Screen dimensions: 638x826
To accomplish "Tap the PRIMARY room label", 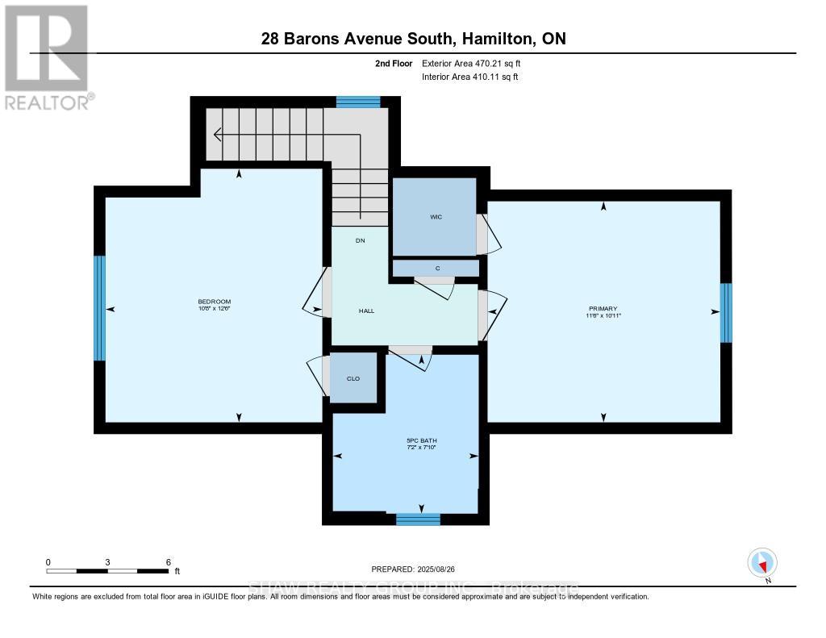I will tap(603, 309).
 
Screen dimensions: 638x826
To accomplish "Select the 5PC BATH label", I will tap(421, 440).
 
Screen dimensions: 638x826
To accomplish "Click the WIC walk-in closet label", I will tap(436, 217).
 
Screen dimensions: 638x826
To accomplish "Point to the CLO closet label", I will tap(353, 378).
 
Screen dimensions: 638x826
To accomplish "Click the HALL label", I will tap(366, 311).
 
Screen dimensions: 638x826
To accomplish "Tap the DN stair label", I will tap(361, 240).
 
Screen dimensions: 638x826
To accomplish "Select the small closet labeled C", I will tap(436, 268).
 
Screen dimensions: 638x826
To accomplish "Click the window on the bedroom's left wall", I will tap(100, 308).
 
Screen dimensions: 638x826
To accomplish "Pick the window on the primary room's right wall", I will tap(726, 313).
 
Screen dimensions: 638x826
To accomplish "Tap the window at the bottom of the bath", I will tap(418, 519).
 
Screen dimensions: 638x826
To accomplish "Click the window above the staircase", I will tap(357, 102).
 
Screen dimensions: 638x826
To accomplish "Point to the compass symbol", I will tap(762, 562).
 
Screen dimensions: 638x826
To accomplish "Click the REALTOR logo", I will tap(47, 57).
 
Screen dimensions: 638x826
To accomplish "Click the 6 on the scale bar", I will tap(167, 561).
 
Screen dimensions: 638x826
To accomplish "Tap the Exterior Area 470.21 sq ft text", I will tap(477, 63).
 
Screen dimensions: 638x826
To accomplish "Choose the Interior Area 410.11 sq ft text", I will tap(470, 77).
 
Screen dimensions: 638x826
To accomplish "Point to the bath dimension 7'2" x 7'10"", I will tap(421, 448).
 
